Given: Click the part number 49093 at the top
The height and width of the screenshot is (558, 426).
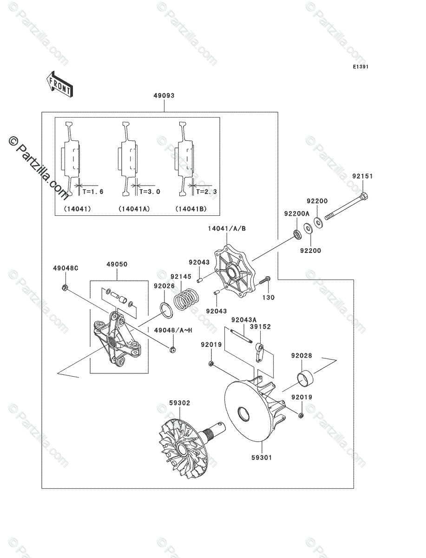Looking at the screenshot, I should click(x=164, y=96).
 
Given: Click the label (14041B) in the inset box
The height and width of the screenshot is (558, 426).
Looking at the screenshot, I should click(x=191, y=209).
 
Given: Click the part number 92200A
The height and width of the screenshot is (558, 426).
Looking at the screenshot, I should click(x=296, y=214).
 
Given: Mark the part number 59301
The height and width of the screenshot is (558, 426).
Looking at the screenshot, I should click(x=262, y=457).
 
